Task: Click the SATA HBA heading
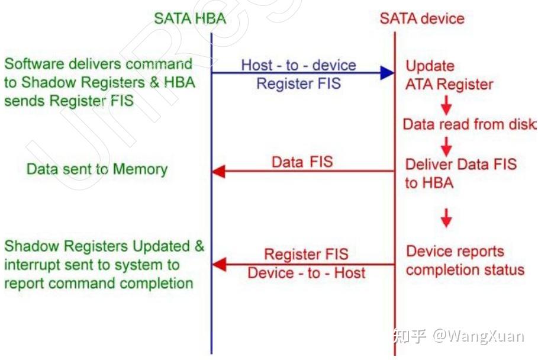[190, 18]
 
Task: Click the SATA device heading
[422, 18]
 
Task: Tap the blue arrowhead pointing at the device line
[387, 73]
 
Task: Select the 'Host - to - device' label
[298, 65]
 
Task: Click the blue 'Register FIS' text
[298, 83]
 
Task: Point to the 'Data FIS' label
[302, 162]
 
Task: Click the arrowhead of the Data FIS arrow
[219, 172]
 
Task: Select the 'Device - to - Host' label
[306, 273]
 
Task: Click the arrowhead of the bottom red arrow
[219, 264]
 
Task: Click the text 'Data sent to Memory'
[97, 169]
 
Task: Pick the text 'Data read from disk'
[469, 124]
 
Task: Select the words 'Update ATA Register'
[449, 75]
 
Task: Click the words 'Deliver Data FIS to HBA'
[460, 173]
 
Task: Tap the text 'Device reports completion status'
[465, 261]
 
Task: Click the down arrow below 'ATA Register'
[446, 105]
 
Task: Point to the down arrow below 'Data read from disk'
[446, 145]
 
